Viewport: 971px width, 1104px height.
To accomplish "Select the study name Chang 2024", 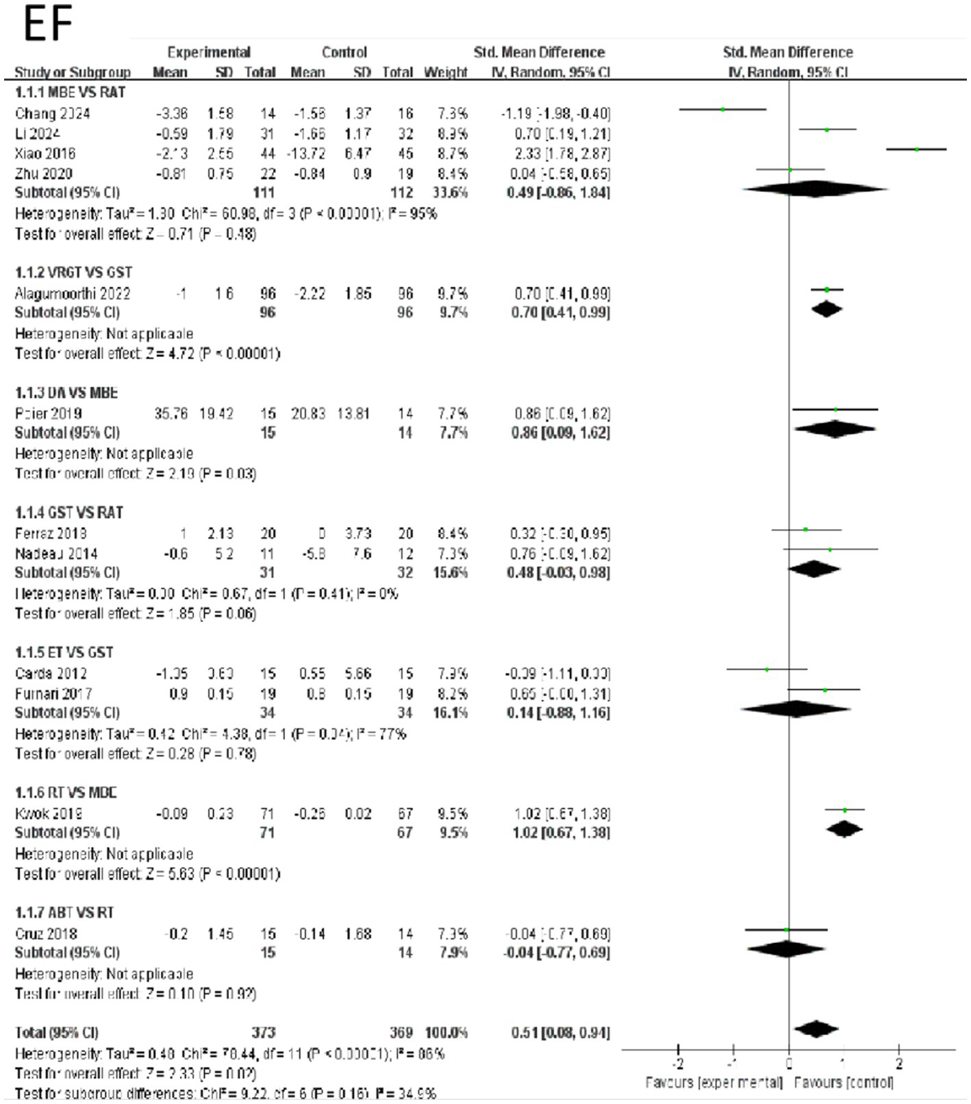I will [53, 114].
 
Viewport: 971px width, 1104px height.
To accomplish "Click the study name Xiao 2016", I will [45, 154].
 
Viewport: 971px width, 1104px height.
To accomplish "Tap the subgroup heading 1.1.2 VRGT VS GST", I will [74, 273].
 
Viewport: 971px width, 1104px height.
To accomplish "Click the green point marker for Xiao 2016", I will [917, 149].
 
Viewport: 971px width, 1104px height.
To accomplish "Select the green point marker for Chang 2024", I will [723, 110].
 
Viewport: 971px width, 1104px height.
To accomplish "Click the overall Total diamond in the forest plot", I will [816, 1029].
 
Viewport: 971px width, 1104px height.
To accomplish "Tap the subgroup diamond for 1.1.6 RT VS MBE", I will [845, 829].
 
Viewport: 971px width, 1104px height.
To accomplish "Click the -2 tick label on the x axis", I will [677, 1064].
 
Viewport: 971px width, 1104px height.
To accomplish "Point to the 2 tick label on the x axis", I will [899, 1064].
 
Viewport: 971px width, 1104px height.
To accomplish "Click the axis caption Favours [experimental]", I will [714, 1083].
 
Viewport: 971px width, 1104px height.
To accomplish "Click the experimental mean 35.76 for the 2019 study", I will [172, 414].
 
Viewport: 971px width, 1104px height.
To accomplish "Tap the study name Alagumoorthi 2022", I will [73, 294].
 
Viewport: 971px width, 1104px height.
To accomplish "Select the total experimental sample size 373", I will [263, 1033].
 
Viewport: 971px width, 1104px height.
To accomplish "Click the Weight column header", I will [446, 72].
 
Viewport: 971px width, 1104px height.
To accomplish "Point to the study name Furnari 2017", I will [53, 694].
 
